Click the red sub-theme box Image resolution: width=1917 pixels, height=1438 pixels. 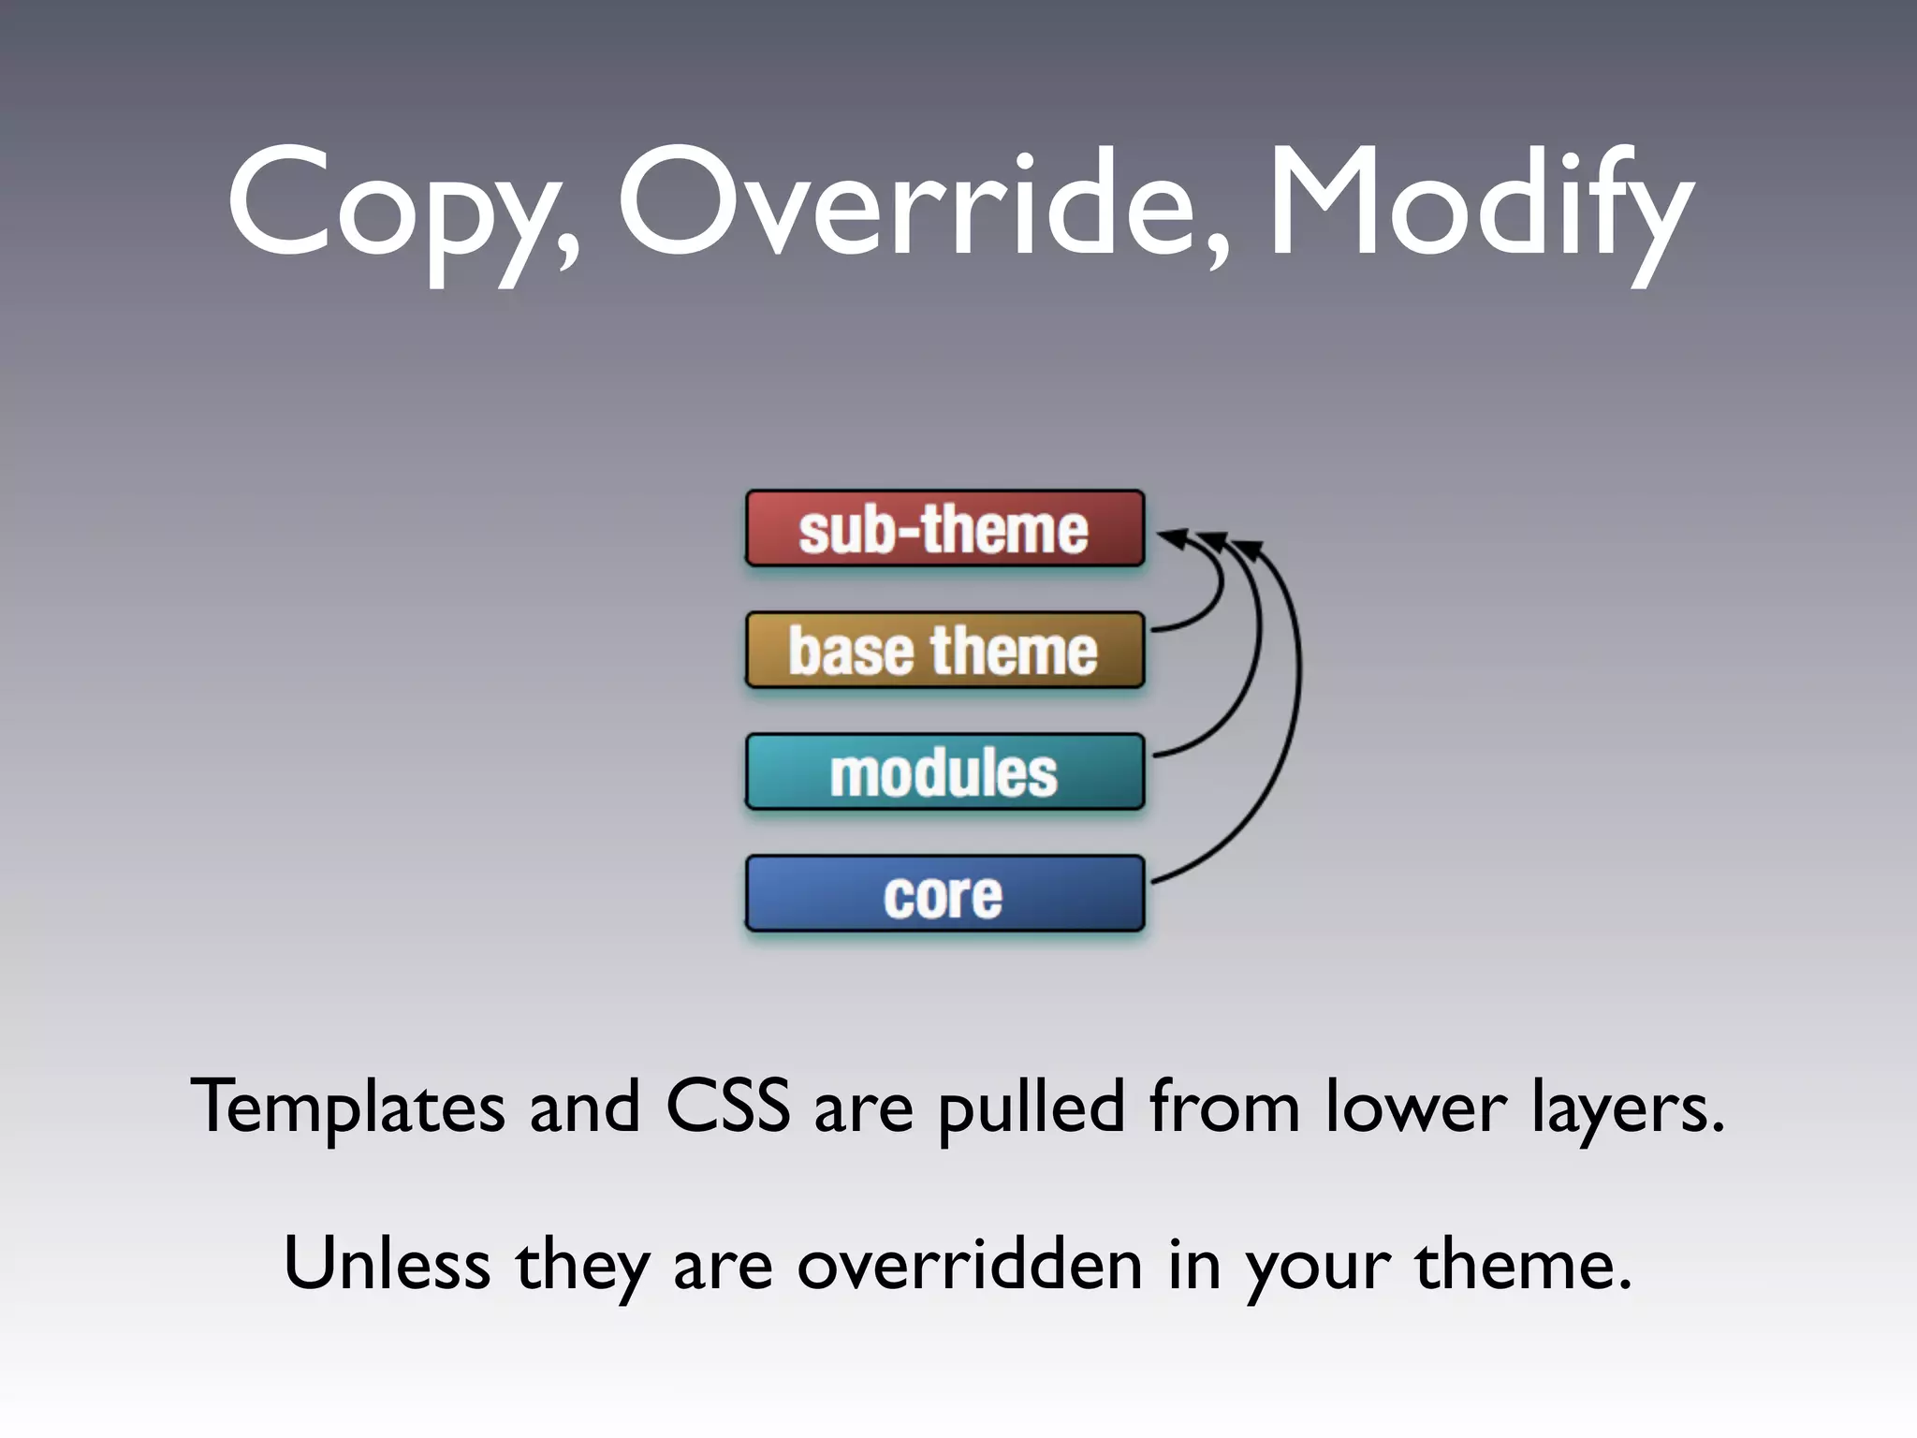coord(944,529)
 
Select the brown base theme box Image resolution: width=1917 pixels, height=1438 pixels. coord(944,651)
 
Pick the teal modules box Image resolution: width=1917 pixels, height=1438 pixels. coord(944,772)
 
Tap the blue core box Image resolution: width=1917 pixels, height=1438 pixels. coord(944,894)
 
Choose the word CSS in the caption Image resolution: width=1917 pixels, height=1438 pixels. coord(727,1107)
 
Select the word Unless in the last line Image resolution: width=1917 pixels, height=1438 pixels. coord(386,1264)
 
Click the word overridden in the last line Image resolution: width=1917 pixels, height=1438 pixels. coord(970,1264)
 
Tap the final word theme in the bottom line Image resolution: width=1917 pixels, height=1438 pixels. coord(1522,1264)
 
